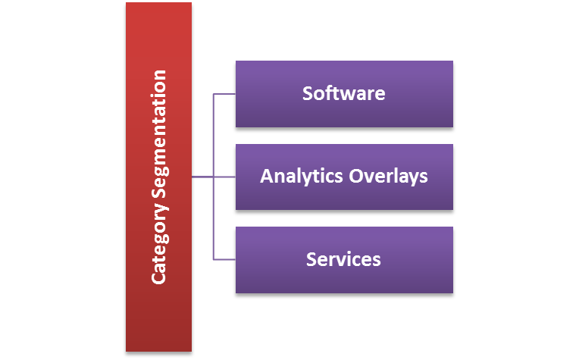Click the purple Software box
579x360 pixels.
point(344,114)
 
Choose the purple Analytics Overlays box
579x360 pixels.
point(344,197)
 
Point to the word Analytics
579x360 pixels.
point(302,177)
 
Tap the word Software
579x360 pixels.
point(343,94)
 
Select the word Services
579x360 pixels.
point(343,259)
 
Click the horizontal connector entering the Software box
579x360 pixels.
point(224,94)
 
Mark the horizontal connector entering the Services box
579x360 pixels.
point(224,260)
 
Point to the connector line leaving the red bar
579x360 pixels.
point(202,177)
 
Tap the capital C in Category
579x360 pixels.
point(158,277)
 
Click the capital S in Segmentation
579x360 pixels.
point(158,194)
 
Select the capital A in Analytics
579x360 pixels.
point(267,177)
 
